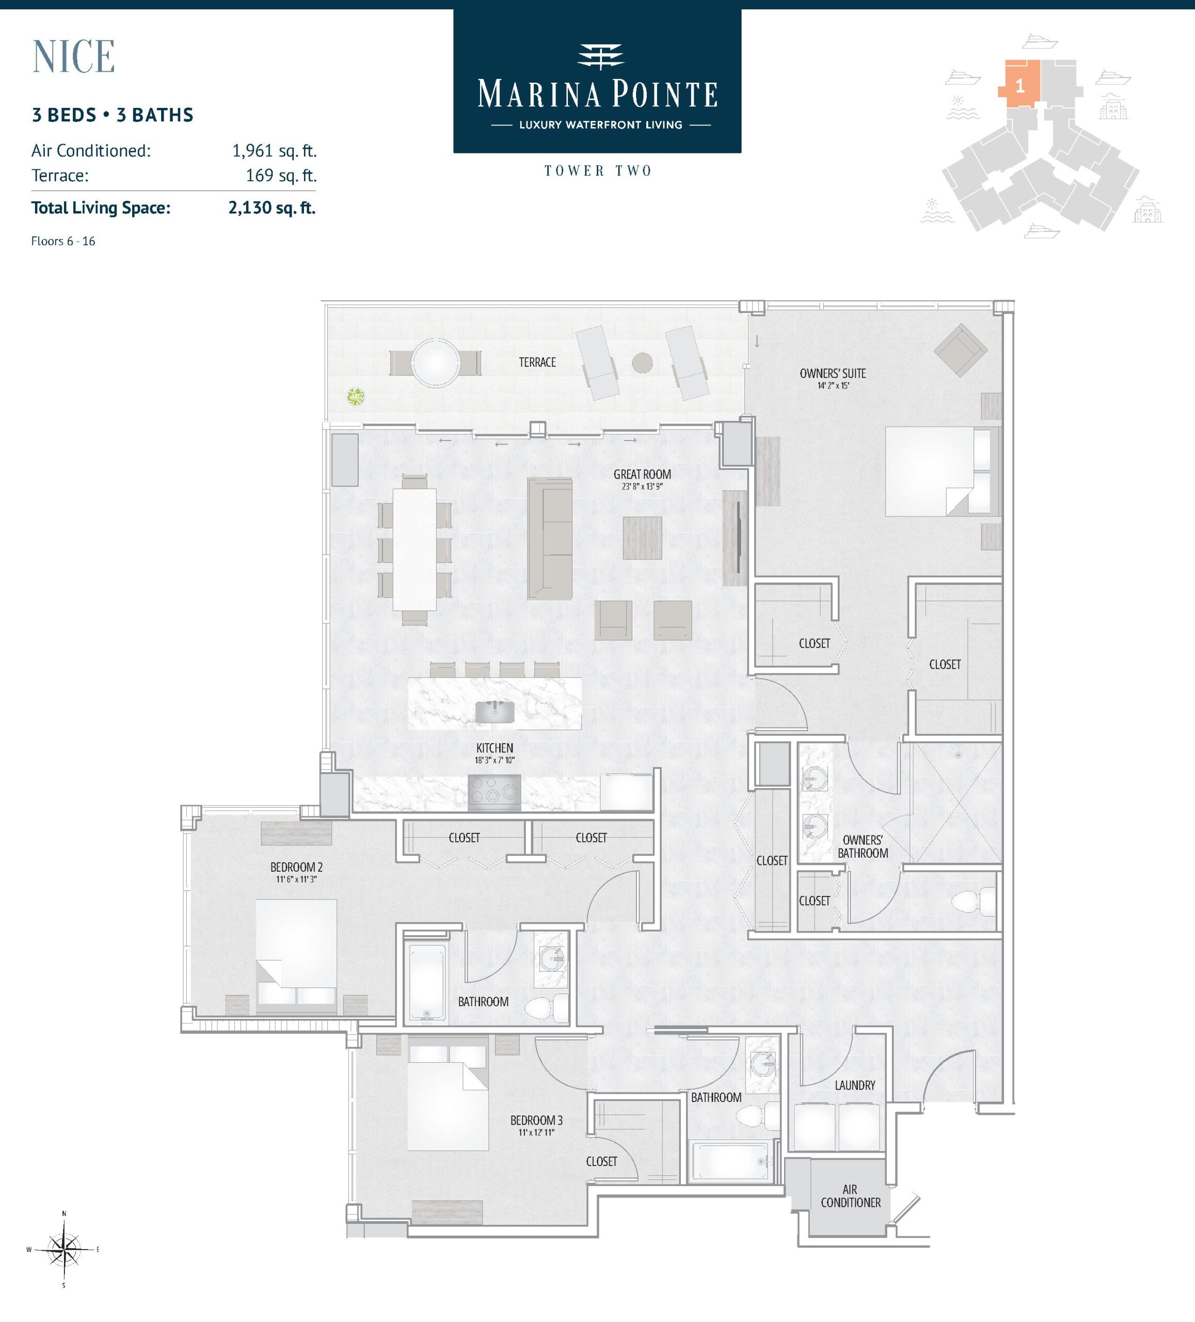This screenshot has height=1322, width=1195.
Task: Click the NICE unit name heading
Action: pos(74,56)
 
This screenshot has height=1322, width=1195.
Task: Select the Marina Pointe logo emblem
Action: pos(600,56)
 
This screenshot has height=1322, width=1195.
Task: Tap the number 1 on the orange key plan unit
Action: pos(1019,86)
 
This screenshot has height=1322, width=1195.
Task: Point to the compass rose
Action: pos(63,1249)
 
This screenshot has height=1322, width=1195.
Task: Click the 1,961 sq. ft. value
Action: pos(274,151)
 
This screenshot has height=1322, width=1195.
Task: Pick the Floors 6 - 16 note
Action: pos(63,241)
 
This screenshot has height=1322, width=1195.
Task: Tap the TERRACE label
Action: pos(537,362)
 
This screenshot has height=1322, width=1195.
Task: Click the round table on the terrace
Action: pos(435,363)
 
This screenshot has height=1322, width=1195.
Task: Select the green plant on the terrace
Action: pos(355,396)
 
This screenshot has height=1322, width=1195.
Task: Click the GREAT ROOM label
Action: pos(642,474)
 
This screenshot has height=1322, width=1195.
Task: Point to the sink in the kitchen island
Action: pos(495,712)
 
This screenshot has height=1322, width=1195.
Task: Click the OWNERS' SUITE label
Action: pos(833,373)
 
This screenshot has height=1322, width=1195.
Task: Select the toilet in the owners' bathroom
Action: pos(973,902)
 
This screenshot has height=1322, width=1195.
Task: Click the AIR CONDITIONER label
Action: pos(850,1196)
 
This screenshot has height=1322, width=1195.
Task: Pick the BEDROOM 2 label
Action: pos(296,867)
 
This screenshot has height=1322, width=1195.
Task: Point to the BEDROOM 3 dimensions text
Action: pos(536,1132)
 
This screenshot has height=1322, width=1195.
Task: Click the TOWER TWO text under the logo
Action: pos(598,171)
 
